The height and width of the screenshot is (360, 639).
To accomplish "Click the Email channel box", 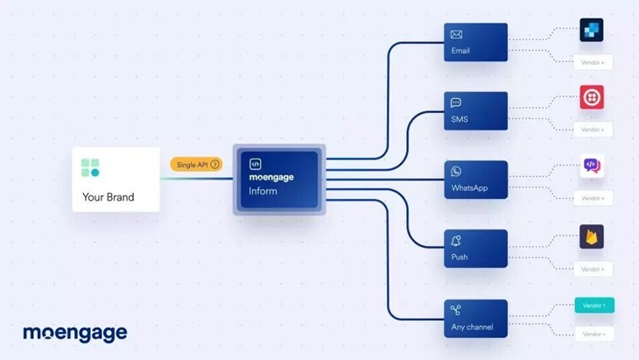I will pos(475,42).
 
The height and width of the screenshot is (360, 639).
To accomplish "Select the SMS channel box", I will pos(475,110).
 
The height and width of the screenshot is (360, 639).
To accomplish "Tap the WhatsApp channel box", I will pos(475,180).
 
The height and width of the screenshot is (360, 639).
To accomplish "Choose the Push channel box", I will pos(475,248).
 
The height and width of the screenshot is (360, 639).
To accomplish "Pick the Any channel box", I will pos(475,317).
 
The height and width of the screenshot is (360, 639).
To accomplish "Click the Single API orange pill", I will pos(196,164).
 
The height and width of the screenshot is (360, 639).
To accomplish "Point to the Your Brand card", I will pos(116,180).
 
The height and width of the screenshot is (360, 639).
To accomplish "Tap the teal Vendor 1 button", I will pos(593,306).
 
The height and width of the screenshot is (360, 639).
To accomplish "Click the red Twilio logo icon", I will pos(592,97).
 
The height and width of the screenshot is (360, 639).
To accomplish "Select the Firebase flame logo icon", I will pos(592,236).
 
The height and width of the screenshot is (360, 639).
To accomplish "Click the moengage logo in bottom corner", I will pos(75,333).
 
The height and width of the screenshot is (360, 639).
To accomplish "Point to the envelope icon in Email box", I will pos(456,35).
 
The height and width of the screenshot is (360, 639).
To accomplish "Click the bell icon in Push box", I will pos(456,241).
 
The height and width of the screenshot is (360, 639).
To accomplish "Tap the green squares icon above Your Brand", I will pos(91,167).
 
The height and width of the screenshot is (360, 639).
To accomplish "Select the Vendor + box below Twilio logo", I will pos(593,130).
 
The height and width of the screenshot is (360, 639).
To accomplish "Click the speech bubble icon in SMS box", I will pos(456,103).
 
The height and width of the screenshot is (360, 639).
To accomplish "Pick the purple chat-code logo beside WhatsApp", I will pos(592,166).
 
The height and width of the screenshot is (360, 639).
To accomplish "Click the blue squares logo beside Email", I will pos(592,31).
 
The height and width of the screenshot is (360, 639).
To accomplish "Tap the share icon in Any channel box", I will pos(456,310).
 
